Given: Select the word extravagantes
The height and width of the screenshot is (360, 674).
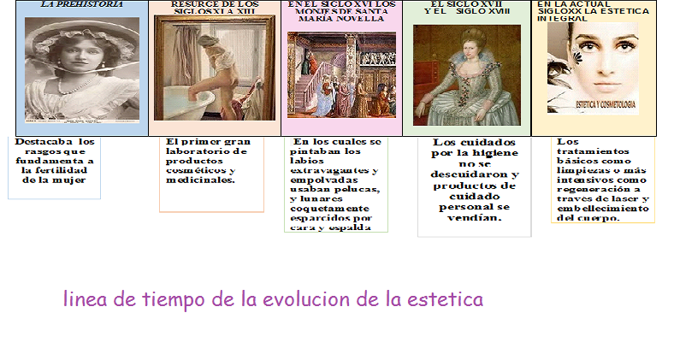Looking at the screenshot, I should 331,170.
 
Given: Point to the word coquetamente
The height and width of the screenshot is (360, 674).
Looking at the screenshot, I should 329,208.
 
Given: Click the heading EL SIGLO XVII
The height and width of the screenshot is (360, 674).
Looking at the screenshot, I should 466,3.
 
